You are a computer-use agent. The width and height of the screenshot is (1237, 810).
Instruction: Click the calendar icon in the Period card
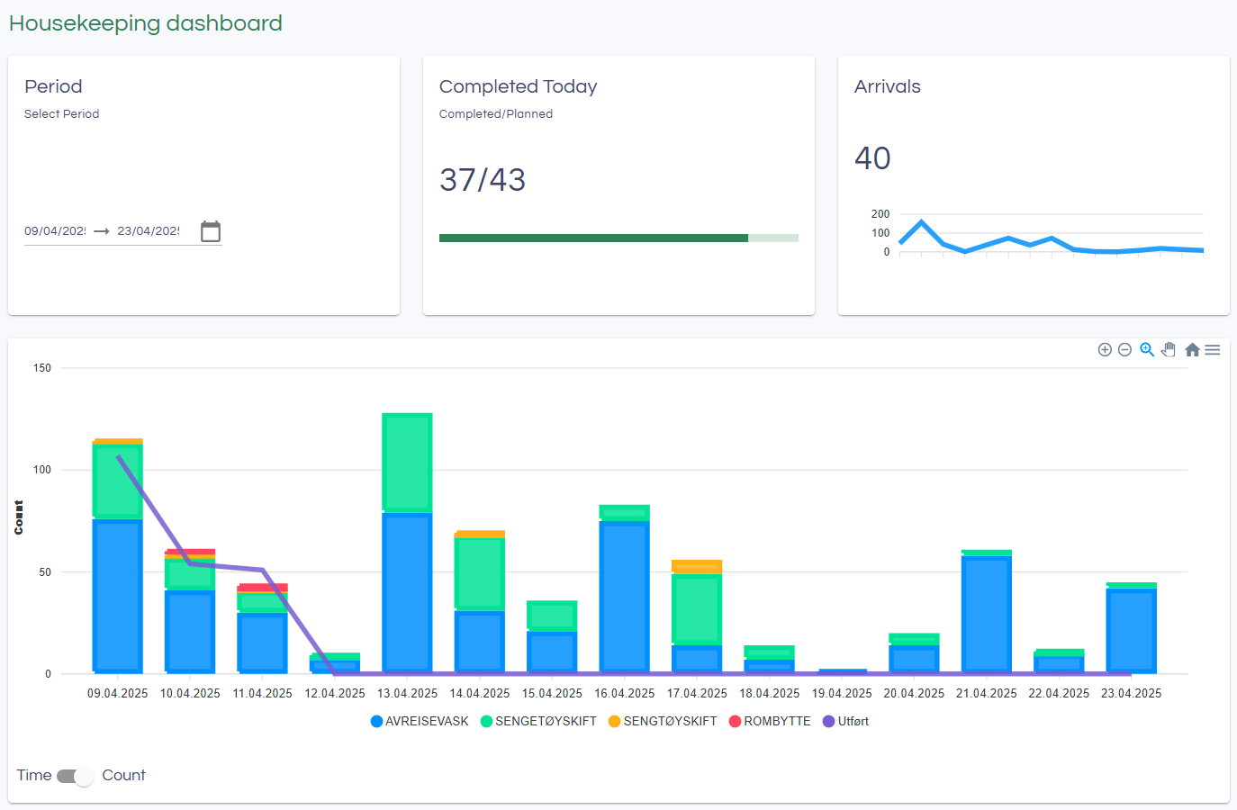(x=211, y=231)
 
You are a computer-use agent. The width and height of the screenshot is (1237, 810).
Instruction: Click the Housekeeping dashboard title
(x=146, y=23)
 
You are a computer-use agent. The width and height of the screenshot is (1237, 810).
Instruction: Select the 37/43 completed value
(x=483, y=180)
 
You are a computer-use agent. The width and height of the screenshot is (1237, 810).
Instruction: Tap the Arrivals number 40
(x=872, y=158)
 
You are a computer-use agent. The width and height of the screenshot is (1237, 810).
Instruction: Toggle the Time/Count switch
(x=76, y=776)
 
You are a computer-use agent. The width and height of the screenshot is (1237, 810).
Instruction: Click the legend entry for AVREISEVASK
(x=420, y=722)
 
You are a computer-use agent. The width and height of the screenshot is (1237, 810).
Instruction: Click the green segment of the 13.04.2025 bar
(x=407, y=463)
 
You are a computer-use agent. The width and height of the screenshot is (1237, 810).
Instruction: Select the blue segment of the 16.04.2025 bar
(x=624, y=596)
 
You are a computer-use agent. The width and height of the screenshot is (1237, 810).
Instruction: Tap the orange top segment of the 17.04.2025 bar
(x=697, y=566)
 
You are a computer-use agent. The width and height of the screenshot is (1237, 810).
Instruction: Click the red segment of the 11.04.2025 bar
(x=262, y=588)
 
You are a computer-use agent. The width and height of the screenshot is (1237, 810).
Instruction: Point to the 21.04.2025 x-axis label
(x=986, y=694)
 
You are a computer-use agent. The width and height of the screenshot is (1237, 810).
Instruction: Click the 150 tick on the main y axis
(x=42, y=368)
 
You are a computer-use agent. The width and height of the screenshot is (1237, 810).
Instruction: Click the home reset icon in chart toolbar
(x=1192, y=350)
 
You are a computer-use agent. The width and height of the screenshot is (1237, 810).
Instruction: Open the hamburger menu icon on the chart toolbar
(x=1213, y=350)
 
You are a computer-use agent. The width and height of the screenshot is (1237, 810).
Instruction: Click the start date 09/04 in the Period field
(x=55, y=231)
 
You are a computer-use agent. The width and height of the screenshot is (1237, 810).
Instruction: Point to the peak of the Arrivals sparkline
(x=921, y=221)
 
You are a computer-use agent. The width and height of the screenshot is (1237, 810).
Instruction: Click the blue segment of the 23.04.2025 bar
(x=1131, y=630)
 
